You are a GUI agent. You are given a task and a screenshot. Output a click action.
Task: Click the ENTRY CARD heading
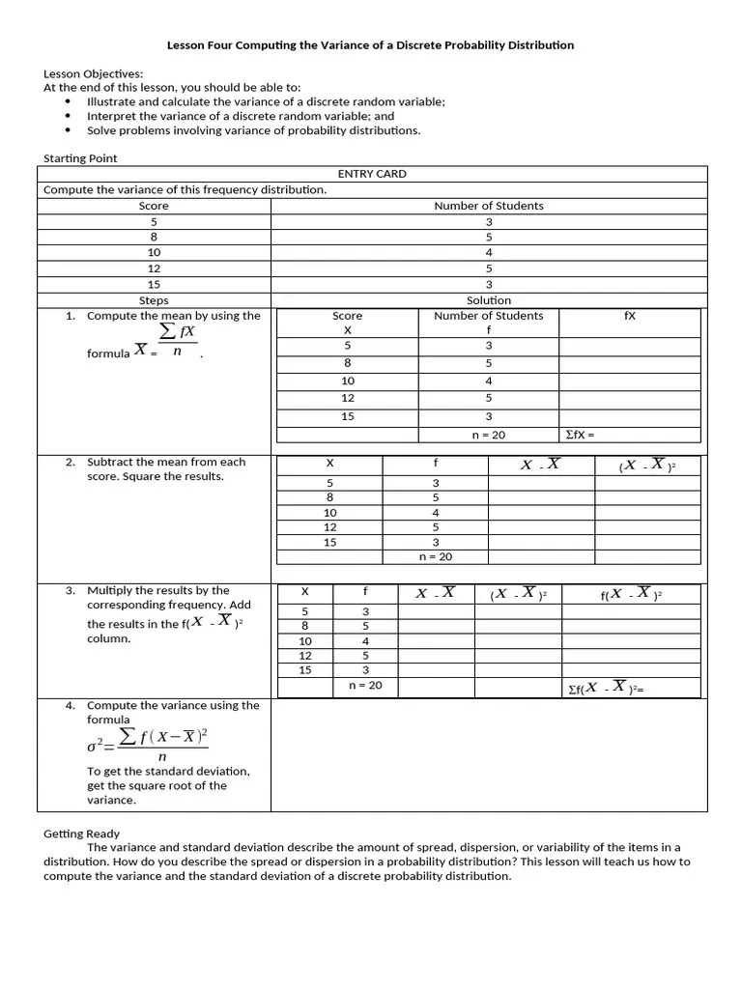click(x=372, y=174)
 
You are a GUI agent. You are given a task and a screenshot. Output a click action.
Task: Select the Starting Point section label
click(x=80, y=158)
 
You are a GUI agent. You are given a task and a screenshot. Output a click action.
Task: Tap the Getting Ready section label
click(x=81, y=834)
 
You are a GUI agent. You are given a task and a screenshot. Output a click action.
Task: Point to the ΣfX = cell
click(x=579, y=435)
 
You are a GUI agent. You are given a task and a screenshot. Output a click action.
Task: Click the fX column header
click(x=630, y=316)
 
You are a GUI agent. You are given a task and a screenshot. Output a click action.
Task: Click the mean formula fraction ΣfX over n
click(x=176, y=341)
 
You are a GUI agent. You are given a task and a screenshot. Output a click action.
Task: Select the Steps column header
click(x=154, y=300)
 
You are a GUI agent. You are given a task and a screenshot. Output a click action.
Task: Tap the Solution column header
click(x=489, y=300)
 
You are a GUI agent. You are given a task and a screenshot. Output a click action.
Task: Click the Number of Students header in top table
click(x=489, y=206)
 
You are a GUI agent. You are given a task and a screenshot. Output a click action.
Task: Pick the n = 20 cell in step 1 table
click(x=489, y=435)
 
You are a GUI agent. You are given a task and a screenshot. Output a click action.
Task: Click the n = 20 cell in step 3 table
click(x=365, y=686)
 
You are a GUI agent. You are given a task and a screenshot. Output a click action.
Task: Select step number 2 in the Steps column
click(x=71, y=462)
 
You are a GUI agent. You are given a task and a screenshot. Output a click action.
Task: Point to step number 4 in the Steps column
click(x=71, y=705)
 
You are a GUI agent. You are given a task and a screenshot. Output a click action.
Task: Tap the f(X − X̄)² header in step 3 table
click(x=631, y=594)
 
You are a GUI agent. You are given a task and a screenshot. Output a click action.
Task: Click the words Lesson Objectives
click(x=93, y=73)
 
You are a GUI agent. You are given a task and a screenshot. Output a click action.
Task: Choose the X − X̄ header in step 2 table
click(x=540, y=465)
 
